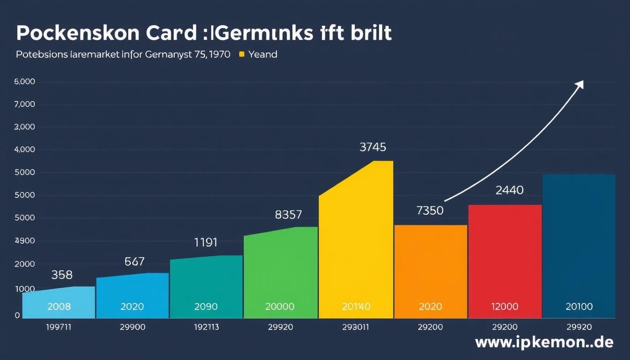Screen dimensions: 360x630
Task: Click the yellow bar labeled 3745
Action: click(x=356, y=244)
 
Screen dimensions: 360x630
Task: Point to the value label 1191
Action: click(x=206, y=242)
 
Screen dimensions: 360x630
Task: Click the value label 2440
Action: click(x=510, y=190)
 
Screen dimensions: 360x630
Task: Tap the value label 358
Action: click(x=62, y=275)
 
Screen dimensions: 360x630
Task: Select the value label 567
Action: click(x=135, y=262)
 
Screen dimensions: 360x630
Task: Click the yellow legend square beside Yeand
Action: click(x=242, y=54)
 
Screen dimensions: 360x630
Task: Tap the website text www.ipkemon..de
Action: click(x=544, y=343)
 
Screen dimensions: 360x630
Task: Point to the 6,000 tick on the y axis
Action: click(x=25, y=82)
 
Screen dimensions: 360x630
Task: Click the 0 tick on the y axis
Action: click(x=17, y=315)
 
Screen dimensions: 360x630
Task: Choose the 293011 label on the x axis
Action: click(x=355, y=327)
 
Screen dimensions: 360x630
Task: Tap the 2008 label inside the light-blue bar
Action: click(x=59, y=307)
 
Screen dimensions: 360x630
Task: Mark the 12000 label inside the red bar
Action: click(x=504, y=307)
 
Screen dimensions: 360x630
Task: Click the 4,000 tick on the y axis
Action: click(x=25, y=150)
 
